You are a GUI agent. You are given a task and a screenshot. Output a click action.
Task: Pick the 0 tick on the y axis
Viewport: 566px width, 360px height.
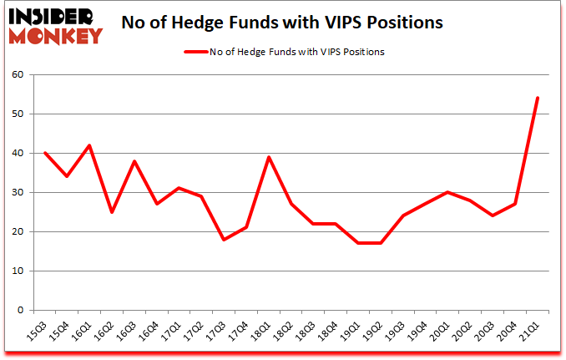tap(21, 310)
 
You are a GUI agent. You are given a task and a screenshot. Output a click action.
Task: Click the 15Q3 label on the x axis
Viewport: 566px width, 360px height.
tap(38, 332)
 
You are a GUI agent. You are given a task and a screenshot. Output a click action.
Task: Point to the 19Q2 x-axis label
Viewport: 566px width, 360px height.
tap(374, 332)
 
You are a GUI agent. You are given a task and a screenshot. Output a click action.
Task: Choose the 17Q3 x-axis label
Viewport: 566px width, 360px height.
tap(217, 332)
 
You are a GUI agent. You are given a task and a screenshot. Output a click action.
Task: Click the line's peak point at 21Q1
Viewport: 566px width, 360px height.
tap(537, 98)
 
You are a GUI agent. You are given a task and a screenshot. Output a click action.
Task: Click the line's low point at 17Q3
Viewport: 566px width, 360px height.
tap(224, 240)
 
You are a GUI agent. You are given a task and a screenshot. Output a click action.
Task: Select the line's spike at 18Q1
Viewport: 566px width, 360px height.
tap(269, 157)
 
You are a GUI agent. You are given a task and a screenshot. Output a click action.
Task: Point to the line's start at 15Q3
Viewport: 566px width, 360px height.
tap(44, 153)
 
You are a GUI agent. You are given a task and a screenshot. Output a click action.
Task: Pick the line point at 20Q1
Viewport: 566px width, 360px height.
tap(447, 192)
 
